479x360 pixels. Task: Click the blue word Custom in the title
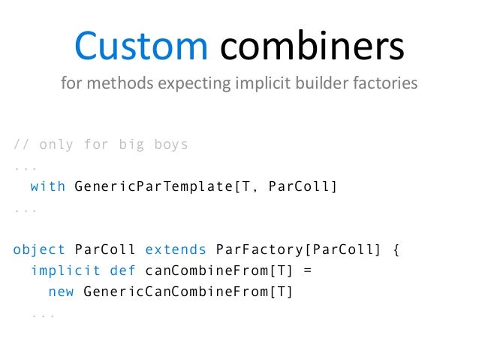[x=140, y=47]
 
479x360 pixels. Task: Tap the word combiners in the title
[x=312, y=47]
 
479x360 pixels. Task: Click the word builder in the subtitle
[x=314, y=83]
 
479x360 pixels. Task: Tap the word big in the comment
[x=131, y=144]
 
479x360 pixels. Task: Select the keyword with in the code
[x=48, y=186]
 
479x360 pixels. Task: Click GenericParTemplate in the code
[x=153, y=186]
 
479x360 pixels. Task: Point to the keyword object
[x=39, y=250]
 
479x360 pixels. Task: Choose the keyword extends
[x=175, y=250]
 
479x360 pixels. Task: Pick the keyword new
[x=61, y=292]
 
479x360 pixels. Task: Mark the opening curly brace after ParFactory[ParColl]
[x=396, y=250]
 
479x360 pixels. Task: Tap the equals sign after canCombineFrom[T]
[x=304, y=271]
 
